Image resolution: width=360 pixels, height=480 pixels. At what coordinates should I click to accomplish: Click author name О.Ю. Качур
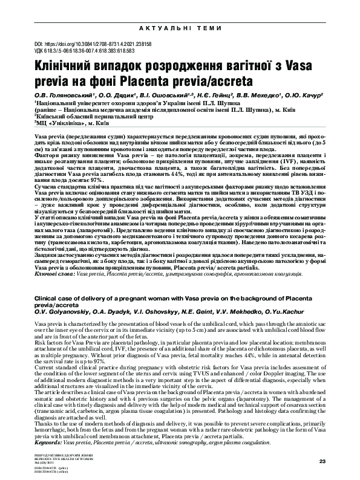(303, 95)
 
